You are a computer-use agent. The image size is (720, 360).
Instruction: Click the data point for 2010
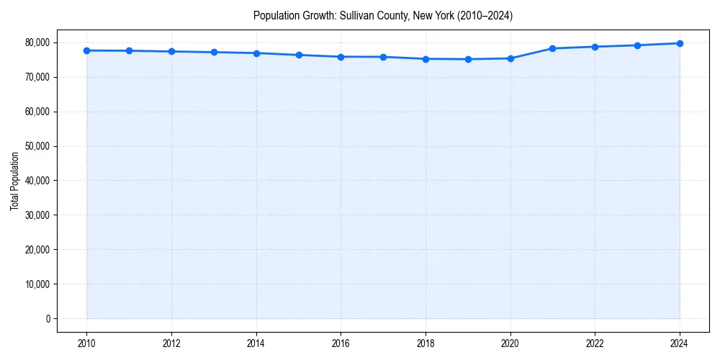86,50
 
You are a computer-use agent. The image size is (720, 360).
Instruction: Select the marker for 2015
299,55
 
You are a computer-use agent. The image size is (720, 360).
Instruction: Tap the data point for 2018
426,59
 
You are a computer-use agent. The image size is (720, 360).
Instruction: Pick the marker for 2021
553,48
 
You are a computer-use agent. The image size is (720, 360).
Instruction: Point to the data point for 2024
680,43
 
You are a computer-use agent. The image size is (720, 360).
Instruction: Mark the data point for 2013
214,52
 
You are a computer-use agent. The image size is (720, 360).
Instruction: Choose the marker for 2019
468,59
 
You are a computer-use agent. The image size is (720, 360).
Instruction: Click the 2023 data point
637,45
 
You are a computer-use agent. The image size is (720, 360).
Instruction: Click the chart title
383,15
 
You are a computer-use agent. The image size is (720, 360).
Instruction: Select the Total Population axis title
14,181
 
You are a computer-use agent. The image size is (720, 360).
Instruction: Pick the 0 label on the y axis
48,318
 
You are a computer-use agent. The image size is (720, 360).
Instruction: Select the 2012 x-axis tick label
171,343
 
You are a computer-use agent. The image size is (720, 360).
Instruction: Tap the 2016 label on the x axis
341,343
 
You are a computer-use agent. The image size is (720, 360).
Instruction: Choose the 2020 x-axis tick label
510,343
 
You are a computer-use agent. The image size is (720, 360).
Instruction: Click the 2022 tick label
595,343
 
